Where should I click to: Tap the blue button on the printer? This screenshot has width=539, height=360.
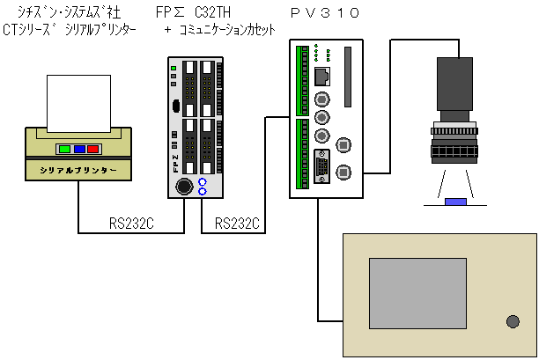[x=78, y=149]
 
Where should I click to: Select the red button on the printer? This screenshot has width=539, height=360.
[x=92, y=149]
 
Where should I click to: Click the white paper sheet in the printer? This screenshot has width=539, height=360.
[x=78, y=100]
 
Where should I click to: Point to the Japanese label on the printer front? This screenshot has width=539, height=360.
[x=78, y=168]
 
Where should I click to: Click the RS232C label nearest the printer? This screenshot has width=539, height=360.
[x=132, y=223]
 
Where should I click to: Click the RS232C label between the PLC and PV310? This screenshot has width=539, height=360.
[x=238, y=223]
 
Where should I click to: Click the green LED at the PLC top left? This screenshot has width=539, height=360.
[x=174, y=67]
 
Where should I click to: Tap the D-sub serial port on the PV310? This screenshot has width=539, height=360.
[x=322, y=166]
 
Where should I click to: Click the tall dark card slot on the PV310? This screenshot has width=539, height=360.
[x=348, y=69]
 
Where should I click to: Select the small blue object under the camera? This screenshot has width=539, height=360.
[x=455, y=202]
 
